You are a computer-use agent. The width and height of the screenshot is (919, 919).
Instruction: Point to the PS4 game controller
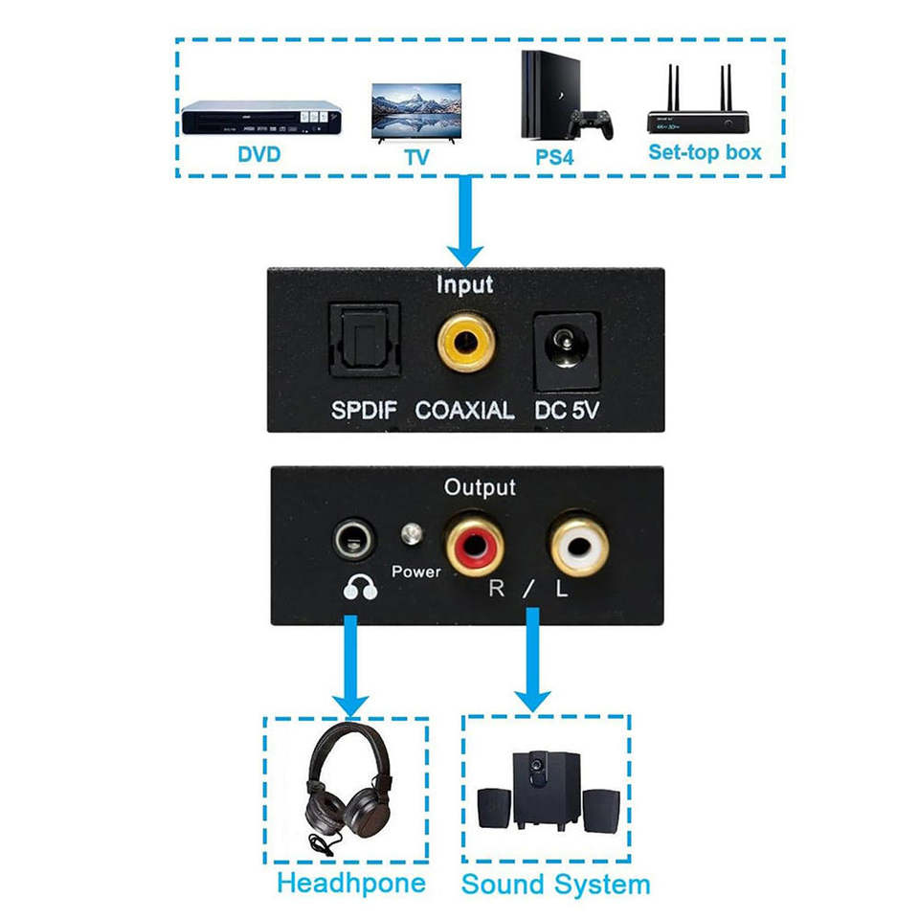click(x=591, y=124)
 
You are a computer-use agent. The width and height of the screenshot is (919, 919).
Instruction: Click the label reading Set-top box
click(x=705, y=152)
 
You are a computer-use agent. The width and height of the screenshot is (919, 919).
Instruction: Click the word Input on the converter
click(x=464, y=284)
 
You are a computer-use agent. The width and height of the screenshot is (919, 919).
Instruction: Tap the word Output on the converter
click(x=480, y=487)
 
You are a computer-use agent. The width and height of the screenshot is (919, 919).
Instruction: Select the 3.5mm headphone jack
click(x=352, y=543)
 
